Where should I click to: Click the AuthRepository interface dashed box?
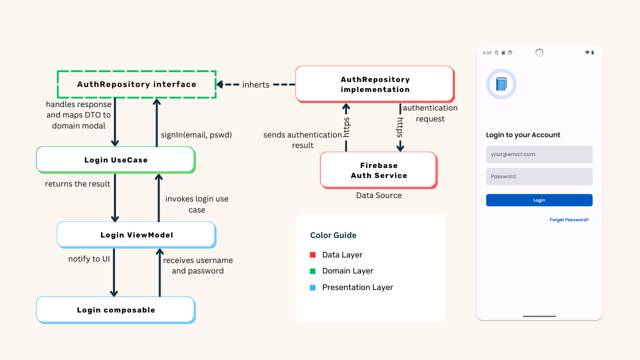(x=136, y=84)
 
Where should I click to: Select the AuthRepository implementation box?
(x=374, y=84)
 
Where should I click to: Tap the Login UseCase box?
(x=115, y=160)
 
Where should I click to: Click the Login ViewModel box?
(x=136, y=235)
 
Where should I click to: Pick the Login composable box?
(x=115, y=310)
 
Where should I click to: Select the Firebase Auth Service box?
(x=378, y=170)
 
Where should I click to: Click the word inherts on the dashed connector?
(x=255, y=85)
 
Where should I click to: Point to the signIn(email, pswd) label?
(x=196, y=135)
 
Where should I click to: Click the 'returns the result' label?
(x=77, y=184)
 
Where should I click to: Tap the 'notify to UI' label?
(x=89, y=259)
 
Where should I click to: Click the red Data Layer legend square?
(x=313, y=255)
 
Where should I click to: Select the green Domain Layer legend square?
(x=313, y=271)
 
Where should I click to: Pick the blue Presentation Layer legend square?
(x=313, y=287)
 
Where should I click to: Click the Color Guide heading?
(x=333, y=235)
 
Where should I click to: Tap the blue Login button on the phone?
(x=539, y=200)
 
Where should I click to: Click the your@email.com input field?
(x=539, y=154)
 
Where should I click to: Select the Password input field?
(x=539, y=176)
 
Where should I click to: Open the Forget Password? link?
(x=569, y=220)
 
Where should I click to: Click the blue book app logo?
(x=501, y=84)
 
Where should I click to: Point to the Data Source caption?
(x=378, y=195)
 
